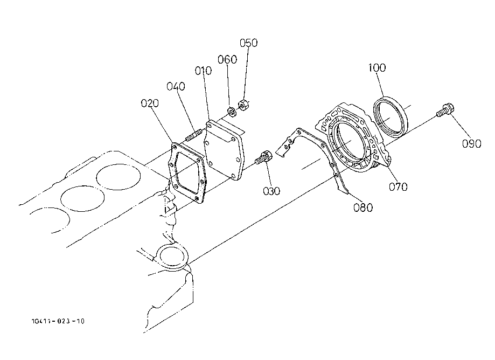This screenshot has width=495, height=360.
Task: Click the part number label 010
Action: pos(203,71)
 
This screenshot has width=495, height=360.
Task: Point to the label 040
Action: pos(176,86)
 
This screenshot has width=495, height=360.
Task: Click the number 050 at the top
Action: pos(248,43)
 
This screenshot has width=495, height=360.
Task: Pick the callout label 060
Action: pos(227,59)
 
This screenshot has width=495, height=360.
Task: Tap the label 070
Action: pos(399,187)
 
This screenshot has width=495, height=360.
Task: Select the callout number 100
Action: pos(378,68)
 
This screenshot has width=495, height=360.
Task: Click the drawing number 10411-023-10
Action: pos(58,321)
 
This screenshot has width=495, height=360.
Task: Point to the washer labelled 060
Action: pos(231,112)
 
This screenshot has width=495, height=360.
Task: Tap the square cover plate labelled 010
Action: pos(225,149)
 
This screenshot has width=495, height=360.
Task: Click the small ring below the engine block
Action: pos(170,255)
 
